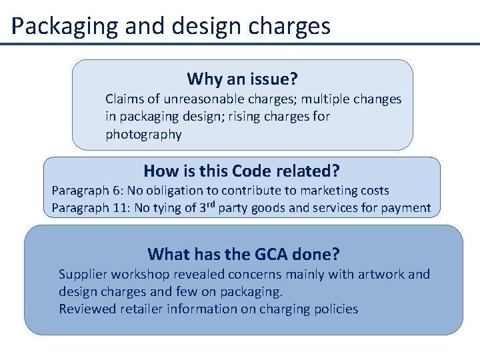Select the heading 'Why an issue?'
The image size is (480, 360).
pyautogui.click(x=242, y=79)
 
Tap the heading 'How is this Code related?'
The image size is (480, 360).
pyautogui.click(x=241, y=171)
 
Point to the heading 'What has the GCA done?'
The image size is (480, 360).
pyautogui.click(x=243, y=254)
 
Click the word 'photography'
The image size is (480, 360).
pyautogui.click(x=143, y=135)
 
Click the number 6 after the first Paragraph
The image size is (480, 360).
pyautogui.click(x=116, y=191)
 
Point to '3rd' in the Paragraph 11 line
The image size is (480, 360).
pyautogui.click(x=207, y=207)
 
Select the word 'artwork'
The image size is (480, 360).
pyautogui.click(x=381, y=274)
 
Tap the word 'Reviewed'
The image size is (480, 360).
pyautogui.click(x=87, y=309)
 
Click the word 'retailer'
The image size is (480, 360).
pyautogui.click(x=141, y=309)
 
